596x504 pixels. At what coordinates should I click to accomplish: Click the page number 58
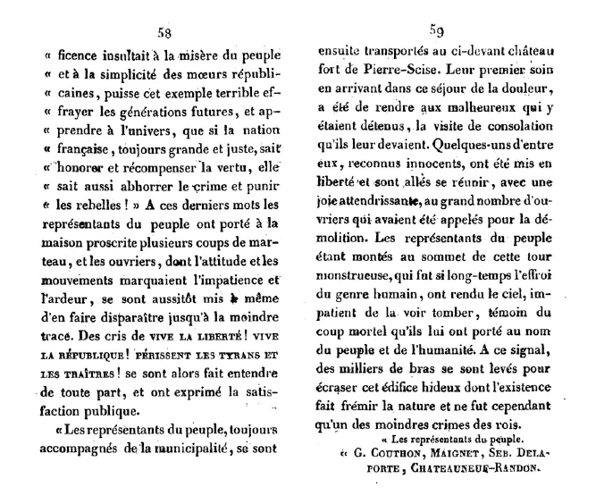pos(164,33)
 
